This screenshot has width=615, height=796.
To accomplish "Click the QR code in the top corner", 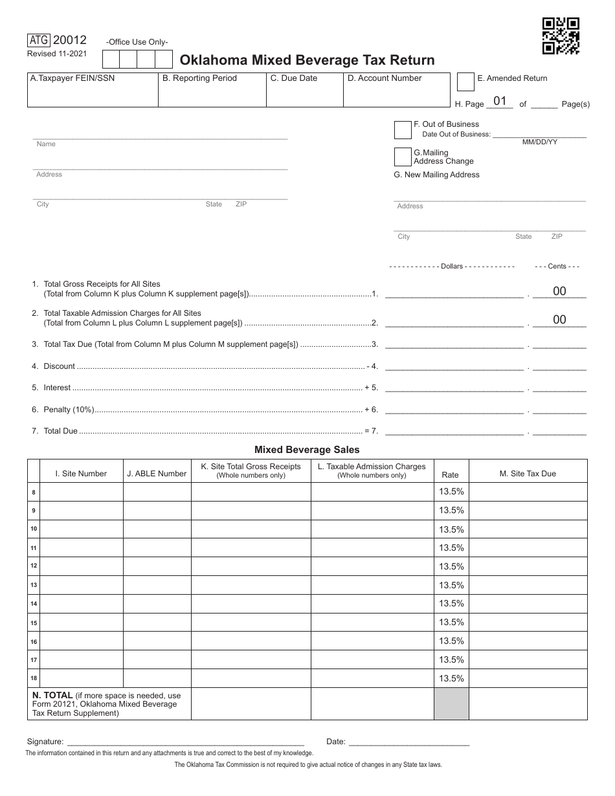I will pos(561,36).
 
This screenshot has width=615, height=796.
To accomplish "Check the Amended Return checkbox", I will pos(465,81).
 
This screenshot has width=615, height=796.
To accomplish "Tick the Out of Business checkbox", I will pos(403,130).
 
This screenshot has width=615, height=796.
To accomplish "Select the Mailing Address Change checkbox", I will pos(403,157).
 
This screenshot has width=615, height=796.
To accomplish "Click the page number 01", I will pos(500,101).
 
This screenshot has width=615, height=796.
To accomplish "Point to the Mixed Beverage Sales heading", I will pos(307,449).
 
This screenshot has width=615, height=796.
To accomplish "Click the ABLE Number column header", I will pos(157,474).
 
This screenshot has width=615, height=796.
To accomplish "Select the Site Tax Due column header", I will pos(528,474).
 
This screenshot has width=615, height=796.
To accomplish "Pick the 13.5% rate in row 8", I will pos(451,492).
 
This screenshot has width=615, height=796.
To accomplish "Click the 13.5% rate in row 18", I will pos(451,678).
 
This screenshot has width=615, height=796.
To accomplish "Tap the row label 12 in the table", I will pos(34,566).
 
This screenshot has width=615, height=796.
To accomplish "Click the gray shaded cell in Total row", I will pos(451,704).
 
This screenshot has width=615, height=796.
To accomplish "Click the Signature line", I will pos(185,742).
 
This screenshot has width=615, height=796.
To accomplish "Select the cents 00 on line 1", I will pos(559,291).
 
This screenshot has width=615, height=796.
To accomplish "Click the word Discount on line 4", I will pos(60,366).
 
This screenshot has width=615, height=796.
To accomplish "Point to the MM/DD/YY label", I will pos(540,142).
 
